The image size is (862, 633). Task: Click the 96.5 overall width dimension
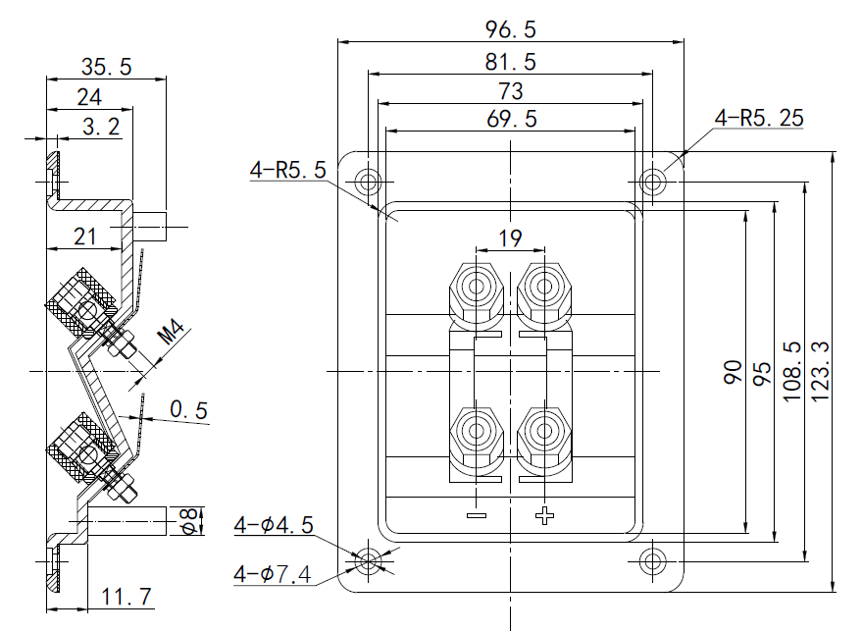(x=510, y=28)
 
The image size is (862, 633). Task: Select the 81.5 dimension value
(x=510, y=62)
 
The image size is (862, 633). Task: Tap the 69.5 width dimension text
(x=510, y=119)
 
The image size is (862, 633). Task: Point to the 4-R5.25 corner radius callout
(x=759, y=118)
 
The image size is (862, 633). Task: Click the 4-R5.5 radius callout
(x=287, y=170)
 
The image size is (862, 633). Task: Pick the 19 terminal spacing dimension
(x=510, y=237)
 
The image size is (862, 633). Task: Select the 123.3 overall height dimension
(x=822, y=373)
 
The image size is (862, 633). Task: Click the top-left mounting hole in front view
(x=370, y=182)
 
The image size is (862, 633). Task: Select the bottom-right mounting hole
(x=652, y=560)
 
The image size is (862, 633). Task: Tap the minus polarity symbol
(x=477, y=515)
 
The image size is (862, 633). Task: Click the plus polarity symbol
(x=545, y=515)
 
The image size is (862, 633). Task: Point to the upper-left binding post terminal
(x=477, y=289)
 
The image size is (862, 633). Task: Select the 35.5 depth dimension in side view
(x=106, y=67)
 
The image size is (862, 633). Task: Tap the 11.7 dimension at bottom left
(x=126, y=596)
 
